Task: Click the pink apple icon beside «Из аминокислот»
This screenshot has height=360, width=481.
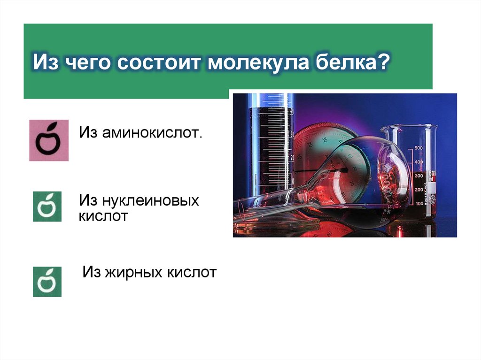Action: (x=49, y=140)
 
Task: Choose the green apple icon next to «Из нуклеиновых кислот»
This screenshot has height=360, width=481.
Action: (x=47, y=206)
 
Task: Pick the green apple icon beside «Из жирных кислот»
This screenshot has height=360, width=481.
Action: (x=47, y=282)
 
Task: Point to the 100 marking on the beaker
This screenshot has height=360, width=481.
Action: (x=419, y=204)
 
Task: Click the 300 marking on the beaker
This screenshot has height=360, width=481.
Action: (x=419, y=176)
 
